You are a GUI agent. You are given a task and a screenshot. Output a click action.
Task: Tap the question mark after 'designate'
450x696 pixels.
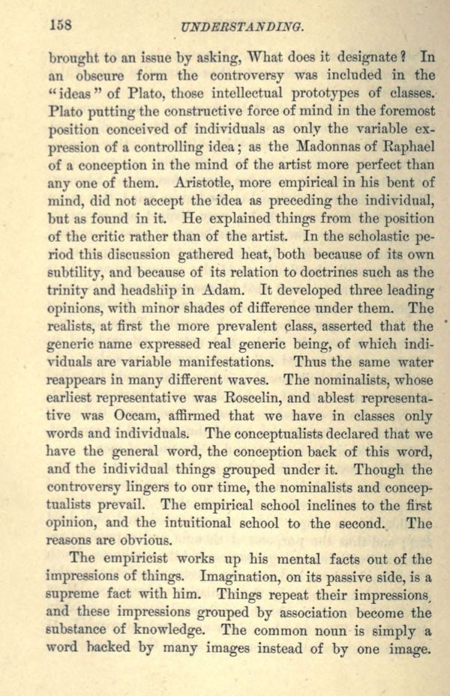403,55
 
